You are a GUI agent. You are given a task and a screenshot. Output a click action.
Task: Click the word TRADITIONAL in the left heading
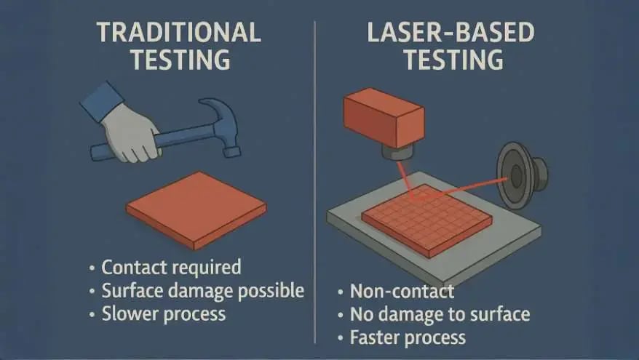178,33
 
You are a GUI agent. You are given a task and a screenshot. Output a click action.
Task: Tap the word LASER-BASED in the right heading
451,33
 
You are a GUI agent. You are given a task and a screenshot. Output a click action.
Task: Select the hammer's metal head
220,127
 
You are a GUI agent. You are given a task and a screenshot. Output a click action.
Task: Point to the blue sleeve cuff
102,101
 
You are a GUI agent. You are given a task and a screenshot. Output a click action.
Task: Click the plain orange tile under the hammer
197,209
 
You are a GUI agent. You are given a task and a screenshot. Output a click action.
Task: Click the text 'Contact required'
171,268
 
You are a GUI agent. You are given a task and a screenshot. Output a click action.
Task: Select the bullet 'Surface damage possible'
202,291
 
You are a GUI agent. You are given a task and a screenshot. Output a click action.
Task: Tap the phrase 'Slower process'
164,314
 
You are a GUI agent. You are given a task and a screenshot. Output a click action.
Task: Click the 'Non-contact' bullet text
402,291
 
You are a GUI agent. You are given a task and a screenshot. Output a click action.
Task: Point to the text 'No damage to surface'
440,314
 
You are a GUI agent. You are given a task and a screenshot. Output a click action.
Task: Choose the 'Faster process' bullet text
408,338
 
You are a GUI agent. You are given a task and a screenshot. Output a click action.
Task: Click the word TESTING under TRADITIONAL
180,60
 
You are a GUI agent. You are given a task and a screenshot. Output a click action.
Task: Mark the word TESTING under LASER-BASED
453,60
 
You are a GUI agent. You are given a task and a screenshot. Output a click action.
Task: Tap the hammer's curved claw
218,107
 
